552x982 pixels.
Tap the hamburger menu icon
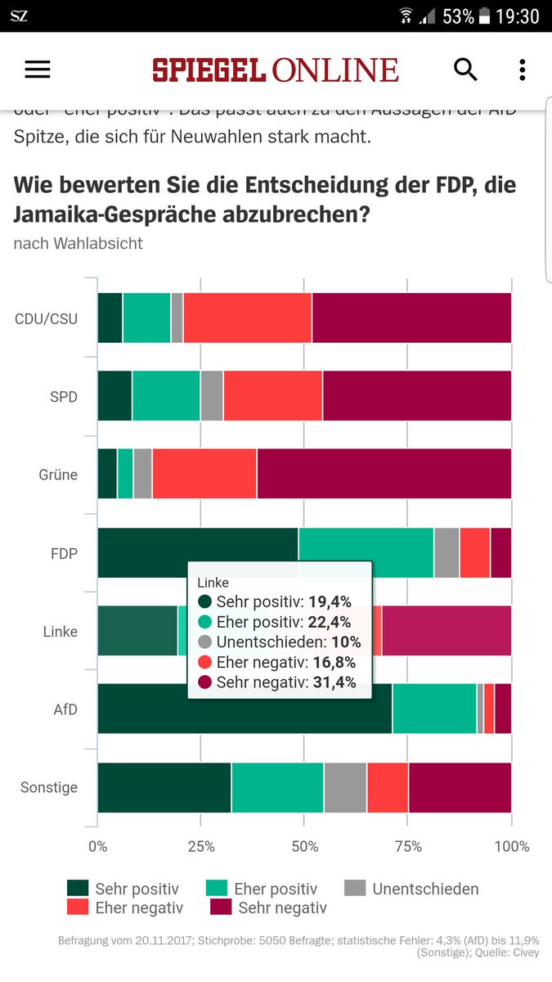pos(38,70)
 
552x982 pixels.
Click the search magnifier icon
pos(465,70)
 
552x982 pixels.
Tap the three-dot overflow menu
pos(522,70)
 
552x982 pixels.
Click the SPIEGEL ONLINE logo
pos(275,70)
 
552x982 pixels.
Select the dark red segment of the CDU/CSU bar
pos(411,318)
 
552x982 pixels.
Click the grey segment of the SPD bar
pos(212,396)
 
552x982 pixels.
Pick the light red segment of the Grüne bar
pos(204,474)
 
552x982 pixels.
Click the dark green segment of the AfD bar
pos(245,709)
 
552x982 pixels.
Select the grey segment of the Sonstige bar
pos(345,787)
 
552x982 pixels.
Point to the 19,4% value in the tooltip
pos(330,602)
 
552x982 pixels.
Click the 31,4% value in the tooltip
pos(334,682)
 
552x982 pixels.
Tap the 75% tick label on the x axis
pos(408,846)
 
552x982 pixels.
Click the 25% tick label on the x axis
pos(201,846)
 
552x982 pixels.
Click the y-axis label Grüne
pos(58,475)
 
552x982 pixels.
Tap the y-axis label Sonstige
pos(49,787)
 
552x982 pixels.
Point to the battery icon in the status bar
pos(485,16)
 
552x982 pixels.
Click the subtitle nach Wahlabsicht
pos(78,243)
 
